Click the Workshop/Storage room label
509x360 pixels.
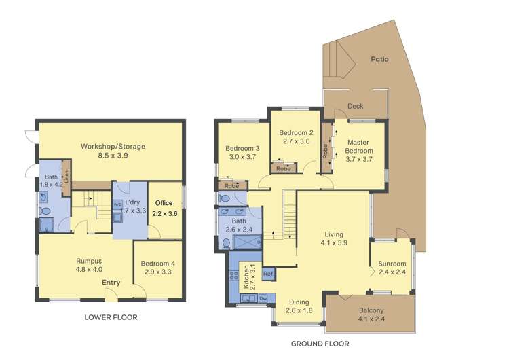click(x=113, y=146)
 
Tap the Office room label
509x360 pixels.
click(x=164, y=203)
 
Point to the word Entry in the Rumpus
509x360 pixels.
click(x=112, y=283)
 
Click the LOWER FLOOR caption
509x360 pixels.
click(x=111, y=317)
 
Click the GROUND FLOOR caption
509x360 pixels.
click(x=320, y=344)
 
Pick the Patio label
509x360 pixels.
click(x=379, y=59)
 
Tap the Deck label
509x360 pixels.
click(x=355, y=106)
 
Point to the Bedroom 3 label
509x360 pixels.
click(x=242, y=148)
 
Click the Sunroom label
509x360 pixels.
click(x=392, y=264)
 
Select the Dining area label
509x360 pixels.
click(x=299, y=302)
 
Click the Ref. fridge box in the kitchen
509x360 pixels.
click(x=268, y=274)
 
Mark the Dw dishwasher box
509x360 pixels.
click(x=262, y=298)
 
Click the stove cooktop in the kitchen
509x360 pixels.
click(x=235, y=276)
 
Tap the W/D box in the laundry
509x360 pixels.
click(x=117, y=204)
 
